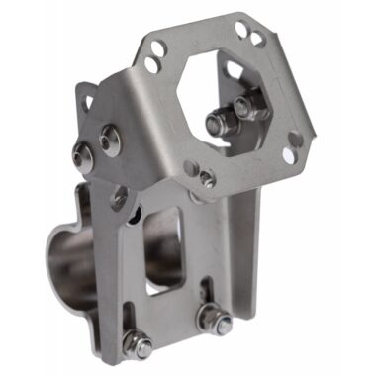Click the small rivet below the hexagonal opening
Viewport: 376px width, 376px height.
(206, 178)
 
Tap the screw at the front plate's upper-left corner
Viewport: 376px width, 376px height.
(121, 195)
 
